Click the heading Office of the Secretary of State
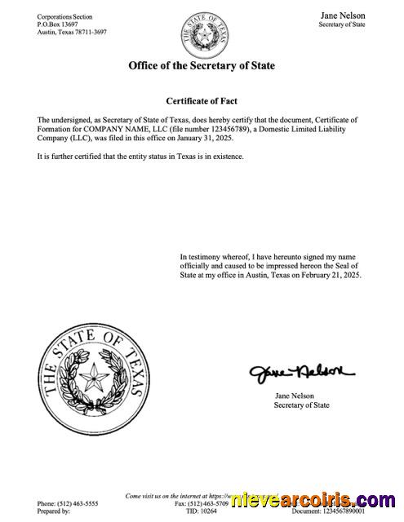click(202, 65)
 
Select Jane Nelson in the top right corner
click(343, 15)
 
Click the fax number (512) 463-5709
click(205, 504)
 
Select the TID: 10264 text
click(203, 512)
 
